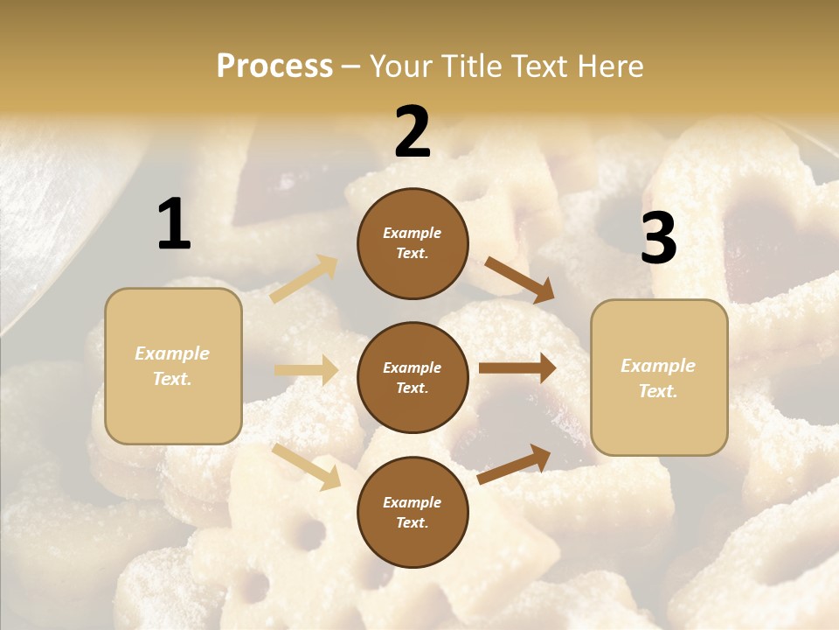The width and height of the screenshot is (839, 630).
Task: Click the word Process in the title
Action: click(x=274, y=66)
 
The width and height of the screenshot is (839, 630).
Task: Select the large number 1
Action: click(x=174, y=224)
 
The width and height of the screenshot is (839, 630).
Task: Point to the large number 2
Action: click(x=413, y=132)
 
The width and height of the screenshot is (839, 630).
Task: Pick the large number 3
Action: click(x=658, y=239)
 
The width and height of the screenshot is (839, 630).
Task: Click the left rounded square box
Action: click(x=173, y=366)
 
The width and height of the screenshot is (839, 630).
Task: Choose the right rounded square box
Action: click(x=659, y=377)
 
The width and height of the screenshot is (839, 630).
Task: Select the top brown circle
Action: click(x=413, y=243)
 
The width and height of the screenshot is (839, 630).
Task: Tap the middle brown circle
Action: click(x=413, y=377)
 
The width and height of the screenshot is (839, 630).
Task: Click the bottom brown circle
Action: click(x=413, y=512)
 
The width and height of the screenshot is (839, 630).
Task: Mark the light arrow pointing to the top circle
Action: click(x=304, y=279)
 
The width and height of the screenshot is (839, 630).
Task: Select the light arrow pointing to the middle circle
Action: click(x=306, y=370)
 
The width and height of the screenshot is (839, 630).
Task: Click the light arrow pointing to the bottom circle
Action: click(x=306, y=466)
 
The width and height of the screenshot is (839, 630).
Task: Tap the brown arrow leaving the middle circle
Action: click(x=517, y=368)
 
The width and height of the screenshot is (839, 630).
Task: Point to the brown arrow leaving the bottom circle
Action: click(x=514, y=464)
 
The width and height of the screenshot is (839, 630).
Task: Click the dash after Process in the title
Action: click(x=351, y=67)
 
